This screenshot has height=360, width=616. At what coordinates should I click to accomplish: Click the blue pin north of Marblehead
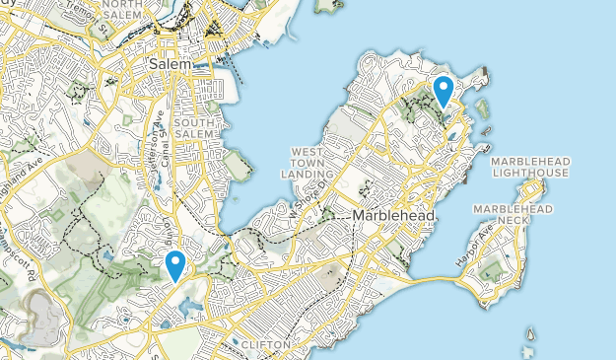[444, 90]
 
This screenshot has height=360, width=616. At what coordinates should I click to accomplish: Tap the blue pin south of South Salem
[175, 263]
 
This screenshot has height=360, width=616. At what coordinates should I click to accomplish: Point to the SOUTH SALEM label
[193, 128]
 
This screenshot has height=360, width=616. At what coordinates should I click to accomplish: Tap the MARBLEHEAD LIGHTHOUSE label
[529, 167]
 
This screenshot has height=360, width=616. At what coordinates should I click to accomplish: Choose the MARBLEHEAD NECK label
[513, 215]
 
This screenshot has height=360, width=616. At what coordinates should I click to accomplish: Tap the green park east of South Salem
[236, 164]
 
